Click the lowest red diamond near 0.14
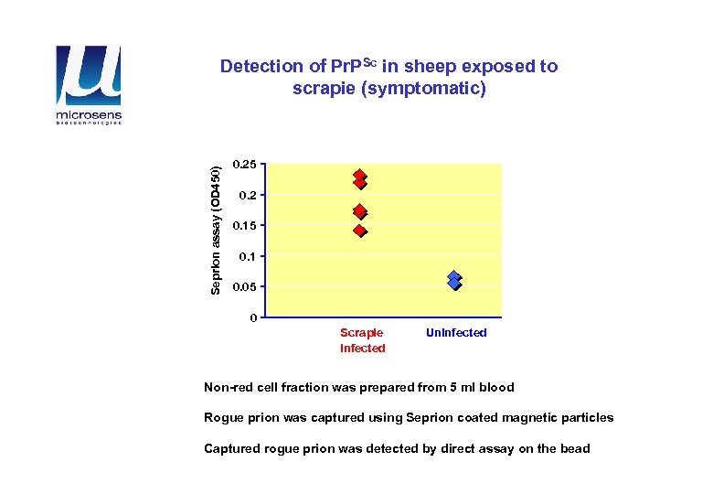tap(360, 231)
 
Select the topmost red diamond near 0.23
tap(360, 176)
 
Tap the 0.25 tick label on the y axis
tap(245, 165)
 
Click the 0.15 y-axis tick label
tap(245, 226)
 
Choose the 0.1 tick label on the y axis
tap(248, 256)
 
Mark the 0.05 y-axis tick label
tap(245, 287)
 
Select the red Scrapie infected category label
tap(362, 340)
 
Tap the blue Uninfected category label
tap(456, 333)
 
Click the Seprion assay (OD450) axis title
tap(216, 230)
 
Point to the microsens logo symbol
tap(88, 76)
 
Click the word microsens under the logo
tap(88, 115)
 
